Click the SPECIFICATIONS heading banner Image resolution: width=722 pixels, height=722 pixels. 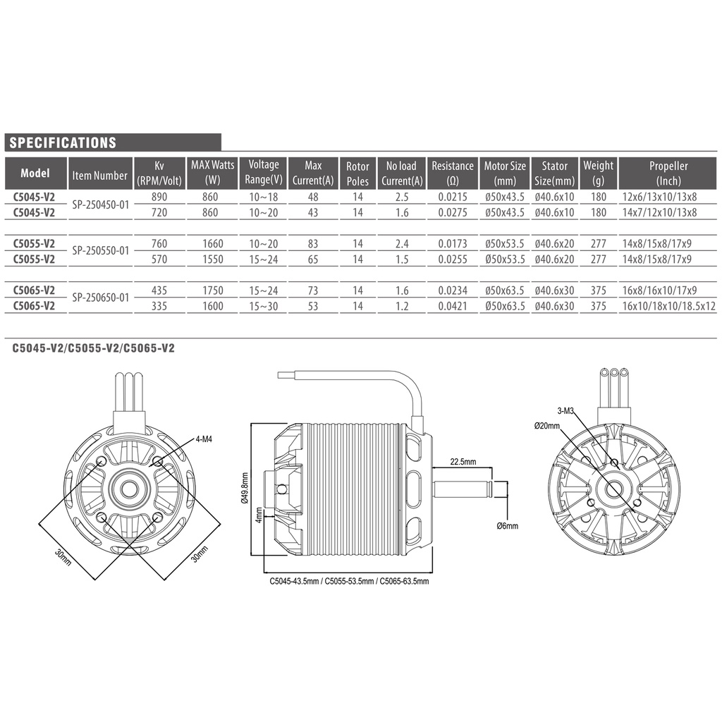tap(113, 142)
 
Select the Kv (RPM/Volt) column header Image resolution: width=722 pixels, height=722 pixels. tap(159, 173)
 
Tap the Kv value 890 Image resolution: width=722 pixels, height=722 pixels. tap(159, 197)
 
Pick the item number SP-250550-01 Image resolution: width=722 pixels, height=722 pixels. tap(100, 251)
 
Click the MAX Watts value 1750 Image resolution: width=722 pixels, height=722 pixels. tap(213, 290)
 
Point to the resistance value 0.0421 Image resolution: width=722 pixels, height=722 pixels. tap(453, 306)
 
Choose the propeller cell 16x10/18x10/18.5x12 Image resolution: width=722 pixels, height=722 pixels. tap(668, 306)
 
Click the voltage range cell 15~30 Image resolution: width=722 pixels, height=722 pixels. tap(264, 306)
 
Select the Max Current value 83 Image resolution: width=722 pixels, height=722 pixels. tap(313, 243)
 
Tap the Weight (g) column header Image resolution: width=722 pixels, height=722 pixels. tap(598, 173)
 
